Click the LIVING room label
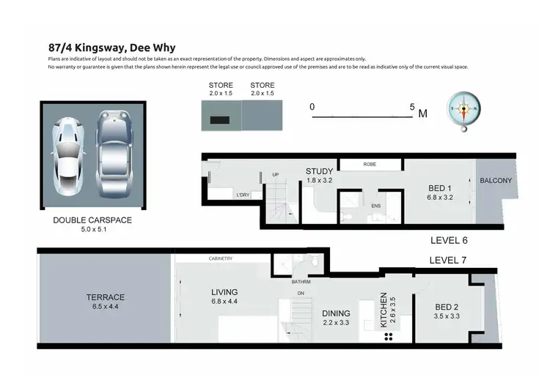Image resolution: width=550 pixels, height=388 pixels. (224, 292)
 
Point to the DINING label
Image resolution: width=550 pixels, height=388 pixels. (337, 313)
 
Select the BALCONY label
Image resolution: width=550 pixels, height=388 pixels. (496, 181)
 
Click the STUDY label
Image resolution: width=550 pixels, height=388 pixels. (320, 172)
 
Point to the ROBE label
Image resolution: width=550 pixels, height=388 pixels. (370, 165)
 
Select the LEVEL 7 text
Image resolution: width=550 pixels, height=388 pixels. (447, 260)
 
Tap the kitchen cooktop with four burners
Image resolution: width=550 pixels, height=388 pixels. (389, 337)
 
